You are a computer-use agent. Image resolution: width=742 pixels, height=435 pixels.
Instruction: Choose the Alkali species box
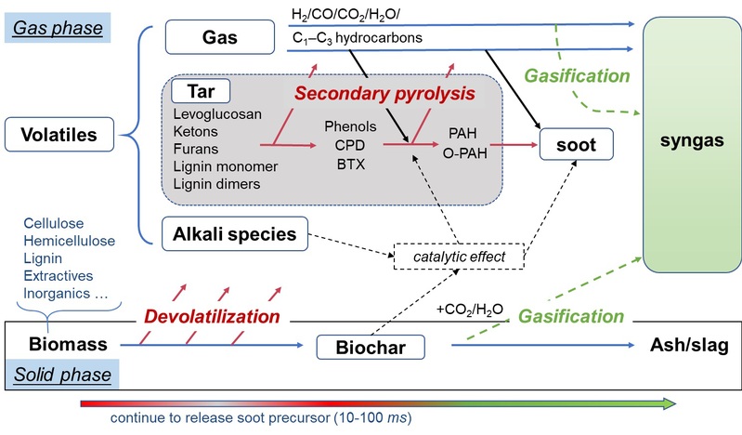[233, 234]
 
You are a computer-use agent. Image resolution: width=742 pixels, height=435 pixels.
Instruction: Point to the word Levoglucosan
[216, 114]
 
